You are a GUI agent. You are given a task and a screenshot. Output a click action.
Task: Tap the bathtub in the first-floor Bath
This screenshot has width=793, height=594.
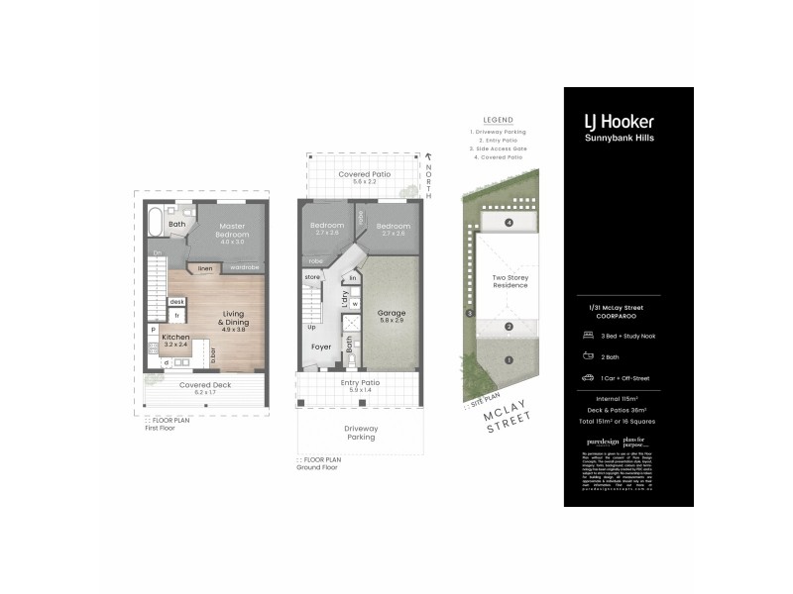click(x=158, y=222)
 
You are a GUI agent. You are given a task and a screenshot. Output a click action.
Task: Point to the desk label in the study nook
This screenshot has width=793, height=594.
click(x=176, y=302)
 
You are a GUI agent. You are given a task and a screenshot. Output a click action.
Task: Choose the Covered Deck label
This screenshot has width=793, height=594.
click(x=204, y=385)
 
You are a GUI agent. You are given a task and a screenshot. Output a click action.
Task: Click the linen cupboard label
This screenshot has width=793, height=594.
click(x=205, y=267)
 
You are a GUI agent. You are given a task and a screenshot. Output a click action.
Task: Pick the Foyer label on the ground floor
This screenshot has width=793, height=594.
click(x=321, y=347)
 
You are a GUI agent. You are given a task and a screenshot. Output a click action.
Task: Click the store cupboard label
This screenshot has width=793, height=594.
click(x=312, y=276)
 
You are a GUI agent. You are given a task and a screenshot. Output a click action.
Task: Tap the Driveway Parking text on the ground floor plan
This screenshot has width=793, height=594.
click(x=359, y=433)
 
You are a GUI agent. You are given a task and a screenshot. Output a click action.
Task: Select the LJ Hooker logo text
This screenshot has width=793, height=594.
click(x=619, y=122)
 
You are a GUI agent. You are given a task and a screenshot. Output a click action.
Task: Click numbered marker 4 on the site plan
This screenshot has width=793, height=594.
click(x=508, y=223)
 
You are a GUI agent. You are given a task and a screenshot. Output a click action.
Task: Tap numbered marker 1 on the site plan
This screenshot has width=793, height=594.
click(x=508, y=359)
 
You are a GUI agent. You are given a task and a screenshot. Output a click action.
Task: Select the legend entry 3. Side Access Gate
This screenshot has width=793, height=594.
click(x=501, y=148)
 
